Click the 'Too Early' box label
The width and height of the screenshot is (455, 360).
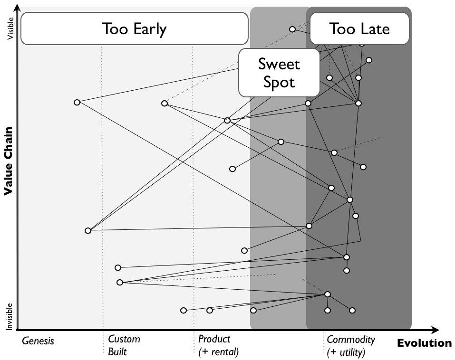coord(134,29)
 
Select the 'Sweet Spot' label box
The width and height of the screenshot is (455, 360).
coord(279,72)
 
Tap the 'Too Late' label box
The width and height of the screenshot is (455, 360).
coord(359,29)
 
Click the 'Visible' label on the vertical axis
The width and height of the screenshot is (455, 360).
coord(11,28)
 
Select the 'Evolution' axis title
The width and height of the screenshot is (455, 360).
coord(424,343)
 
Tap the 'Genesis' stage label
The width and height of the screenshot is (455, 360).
coord(38,341)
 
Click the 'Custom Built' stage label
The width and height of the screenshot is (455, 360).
coord(124,345)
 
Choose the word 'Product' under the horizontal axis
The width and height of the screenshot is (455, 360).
coord(214,339)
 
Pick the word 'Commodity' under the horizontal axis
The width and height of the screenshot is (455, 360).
coord(351,340)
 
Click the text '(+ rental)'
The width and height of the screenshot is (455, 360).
coord(218,352)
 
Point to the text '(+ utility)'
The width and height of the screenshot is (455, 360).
coord(346,352)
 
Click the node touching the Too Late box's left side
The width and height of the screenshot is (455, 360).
coord(292,29)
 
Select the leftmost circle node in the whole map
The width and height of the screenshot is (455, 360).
coord(77,102)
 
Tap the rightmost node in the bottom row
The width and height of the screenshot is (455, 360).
coord(352,310)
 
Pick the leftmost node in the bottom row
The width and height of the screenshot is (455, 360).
coord(184,310)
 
